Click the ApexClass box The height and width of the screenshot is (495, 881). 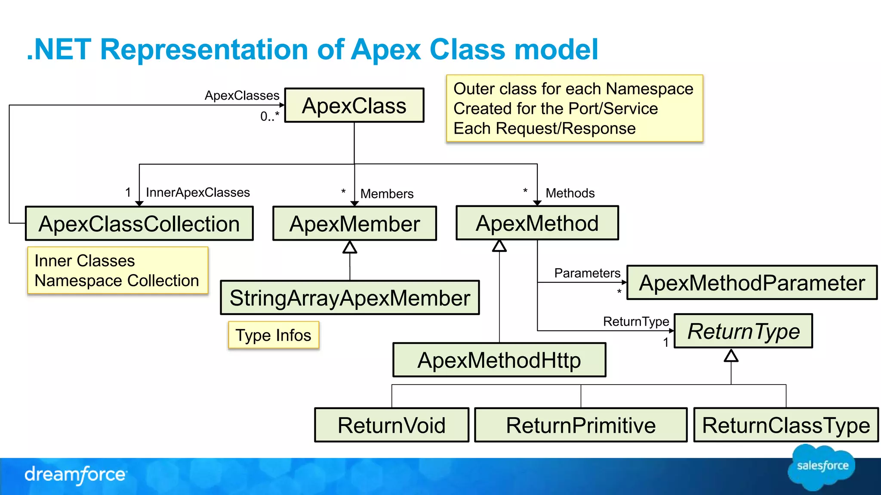(354, 106)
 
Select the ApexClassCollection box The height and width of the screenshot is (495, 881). (139, 224)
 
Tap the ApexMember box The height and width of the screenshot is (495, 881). (354, 224)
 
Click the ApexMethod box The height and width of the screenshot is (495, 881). (537, 223)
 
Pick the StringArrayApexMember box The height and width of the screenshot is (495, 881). (350, 298)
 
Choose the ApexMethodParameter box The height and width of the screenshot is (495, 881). (752, 283)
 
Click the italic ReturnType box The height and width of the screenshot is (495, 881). (743, 331)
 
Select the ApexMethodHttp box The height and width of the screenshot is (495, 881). (499, 360)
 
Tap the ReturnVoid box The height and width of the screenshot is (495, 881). (391, 425)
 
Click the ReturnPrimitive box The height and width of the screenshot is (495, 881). (581, 425)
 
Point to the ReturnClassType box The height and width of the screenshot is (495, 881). (786, 425)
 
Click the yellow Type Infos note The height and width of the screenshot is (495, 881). (274, 335)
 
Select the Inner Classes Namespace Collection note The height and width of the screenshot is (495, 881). (117, 271)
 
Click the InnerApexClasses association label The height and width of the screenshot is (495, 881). (198, 192)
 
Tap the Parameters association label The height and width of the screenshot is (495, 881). (587, 273)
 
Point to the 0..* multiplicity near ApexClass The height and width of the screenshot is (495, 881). (270, 116)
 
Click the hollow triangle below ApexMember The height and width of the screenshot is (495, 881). (350, 247)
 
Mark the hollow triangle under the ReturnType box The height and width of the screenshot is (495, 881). (731, 356)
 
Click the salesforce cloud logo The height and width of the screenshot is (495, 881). (822, 467)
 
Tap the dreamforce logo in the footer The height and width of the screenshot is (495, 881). (76, 475)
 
